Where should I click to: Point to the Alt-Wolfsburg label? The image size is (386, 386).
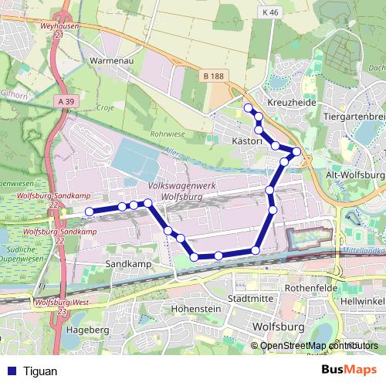point(355,175)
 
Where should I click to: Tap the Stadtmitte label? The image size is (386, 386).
point(252,297)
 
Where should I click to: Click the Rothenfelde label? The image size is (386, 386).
point(307,289)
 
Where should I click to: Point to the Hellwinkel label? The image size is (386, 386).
point(363,299)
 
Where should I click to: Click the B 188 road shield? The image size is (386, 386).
point(214,75)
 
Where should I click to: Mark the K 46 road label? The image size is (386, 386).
point(269,13)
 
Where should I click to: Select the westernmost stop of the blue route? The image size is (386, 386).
point(90,211)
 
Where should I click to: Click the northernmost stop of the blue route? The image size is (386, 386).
point(248,107)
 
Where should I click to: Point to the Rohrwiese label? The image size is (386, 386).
point(167,134)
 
